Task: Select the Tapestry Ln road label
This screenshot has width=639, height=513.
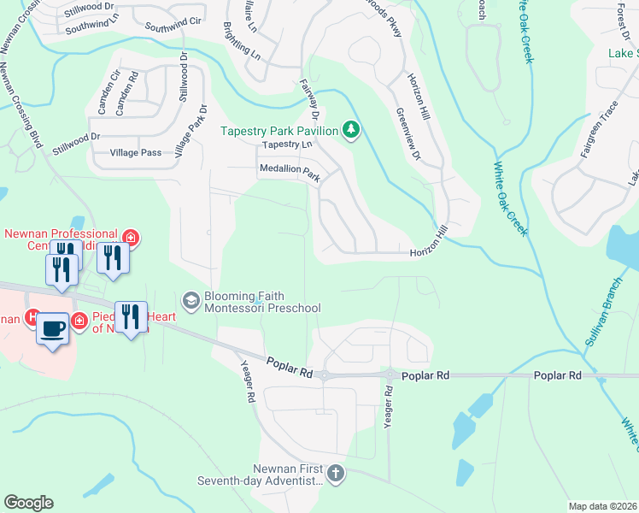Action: pos(283,145)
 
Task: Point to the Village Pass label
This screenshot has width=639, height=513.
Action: pos(135,152)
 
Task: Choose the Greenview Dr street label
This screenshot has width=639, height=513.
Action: pos(409,135)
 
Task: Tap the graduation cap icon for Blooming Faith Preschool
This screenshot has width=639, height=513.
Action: pos(191,300)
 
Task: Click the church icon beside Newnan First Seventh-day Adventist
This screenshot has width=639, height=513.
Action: pos(337,474)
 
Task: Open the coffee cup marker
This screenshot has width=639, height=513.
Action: pos(53,327)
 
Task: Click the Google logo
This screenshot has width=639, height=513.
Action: pos(28,503)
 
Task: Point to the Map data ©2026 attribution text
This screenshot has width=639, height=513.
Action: pos(603,506)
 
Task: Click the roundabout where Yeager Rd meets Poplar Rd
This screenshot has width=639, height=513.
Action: pos(390,374)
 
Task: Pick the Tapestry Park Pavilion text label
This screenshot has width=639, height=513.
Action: pos(278,131)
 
